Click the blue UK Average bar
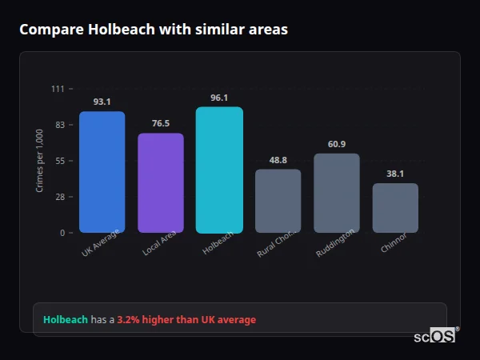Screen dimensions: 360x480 (102, 172)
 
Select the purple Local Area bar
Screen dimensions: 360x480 (161, 183)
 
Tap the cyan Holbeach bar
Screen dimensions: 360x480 (219, 170)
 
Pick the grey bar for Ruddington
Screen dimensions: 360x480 (336, 193)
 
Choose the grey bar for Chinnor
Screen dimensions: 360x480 (395, 208)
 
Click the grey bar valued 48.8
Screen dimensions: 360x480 (278, 201)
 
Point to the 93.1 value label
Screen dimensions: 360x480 (102, 102)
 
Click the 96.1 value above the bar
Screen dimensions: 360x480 (219, 98)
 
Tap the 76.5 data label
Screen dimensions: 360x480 (161, 123)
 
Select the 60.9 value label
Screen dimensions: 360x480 (336, 144)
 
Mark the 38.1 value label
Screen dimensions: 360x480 (395, 174)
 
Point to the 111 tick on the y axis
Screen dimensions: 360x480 (58, 89)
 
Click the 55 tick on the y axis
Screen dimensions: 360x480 (59, 161)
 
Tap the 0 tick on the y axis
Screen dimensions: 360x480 (62, 233)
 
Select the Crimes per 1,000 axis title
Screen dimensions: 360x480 (40, 160)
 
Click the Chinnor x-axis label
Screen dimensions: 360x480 (393, 243)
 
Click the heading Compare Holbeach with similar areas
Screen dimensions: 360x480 (154, 30)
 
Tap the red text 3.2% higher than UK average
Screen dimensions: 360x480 (186, 320)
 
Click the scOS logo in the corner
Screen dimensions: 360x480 (435, 336)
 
